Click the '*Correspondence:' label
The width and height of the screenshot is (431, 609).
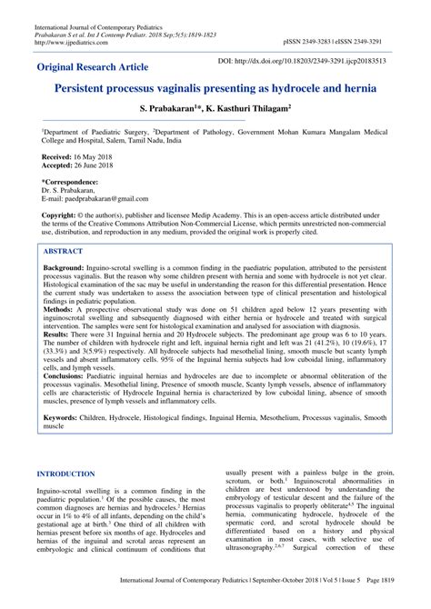[x=74, y=182]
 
